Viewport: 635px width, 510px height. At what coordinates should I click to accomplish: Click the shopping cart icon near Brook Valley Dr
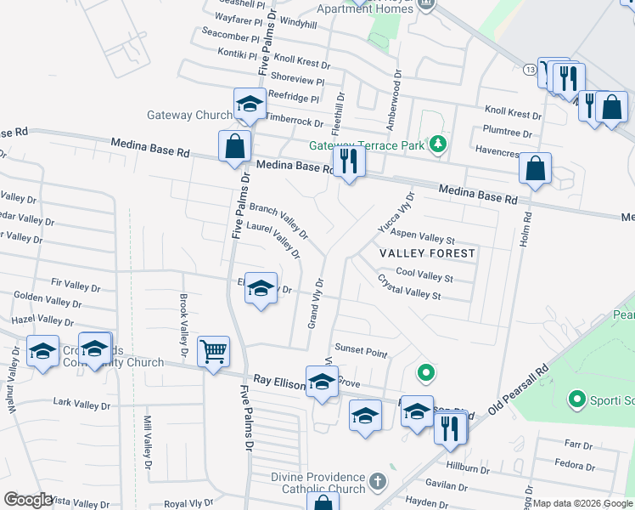click(213, 351)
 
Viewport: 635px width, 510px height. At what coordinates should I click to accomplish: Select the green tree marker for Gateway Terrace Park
click(437, 144)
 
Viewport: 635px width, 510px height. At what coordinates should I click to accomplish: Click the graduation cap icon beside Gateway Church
click(250, 104)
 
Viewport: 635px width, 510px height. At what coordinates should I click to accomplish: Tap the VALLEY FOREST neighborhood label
click(427, 253)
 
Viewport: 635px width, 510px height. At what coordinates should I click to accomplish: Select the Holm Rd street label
click(526, 229)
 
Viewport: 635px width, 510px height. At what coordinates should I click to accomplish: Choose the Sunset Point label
click(361, 351)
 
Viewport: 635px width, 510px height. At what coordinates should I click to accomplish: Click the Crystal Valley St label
click(409, 286)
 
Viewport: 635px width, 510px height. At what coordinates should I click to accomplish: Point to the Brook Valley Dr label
click(183, 325)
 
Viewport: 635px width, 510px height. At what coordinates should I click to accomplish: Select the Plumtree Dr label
click(506, 133)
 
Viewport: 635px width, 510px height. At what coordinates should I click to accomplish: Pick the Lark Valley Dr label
click(81, 404)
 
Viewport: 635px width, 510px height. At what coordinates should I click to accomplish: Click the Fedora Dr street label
click(574, 464)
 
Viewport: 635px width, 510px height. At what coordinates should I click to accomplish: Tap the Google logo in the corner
click(28, 500)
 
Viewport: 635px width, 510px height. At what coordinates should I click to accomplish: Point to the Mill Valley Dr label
click(147, 442)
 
